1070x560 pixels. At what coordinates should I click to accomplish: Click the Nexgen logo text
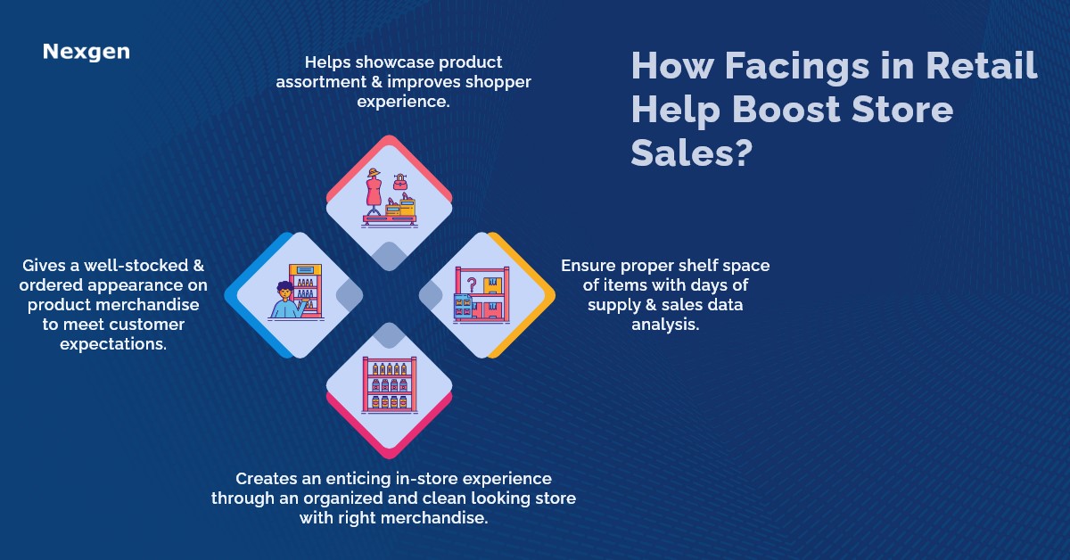pos(86,52)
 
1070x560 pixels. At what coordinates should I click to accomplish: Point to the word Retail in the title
pos(981,68)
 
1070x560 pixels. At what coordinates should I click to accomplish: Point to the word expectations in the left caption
pos(113,343)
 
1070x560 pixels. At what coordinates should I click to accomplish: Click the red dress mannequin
pos(374,195)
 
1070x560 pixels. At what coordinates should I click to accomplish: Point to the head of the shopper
pos(284,291)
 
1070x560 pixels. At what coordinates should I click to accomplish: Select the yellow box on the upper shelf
pos(490,284)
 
